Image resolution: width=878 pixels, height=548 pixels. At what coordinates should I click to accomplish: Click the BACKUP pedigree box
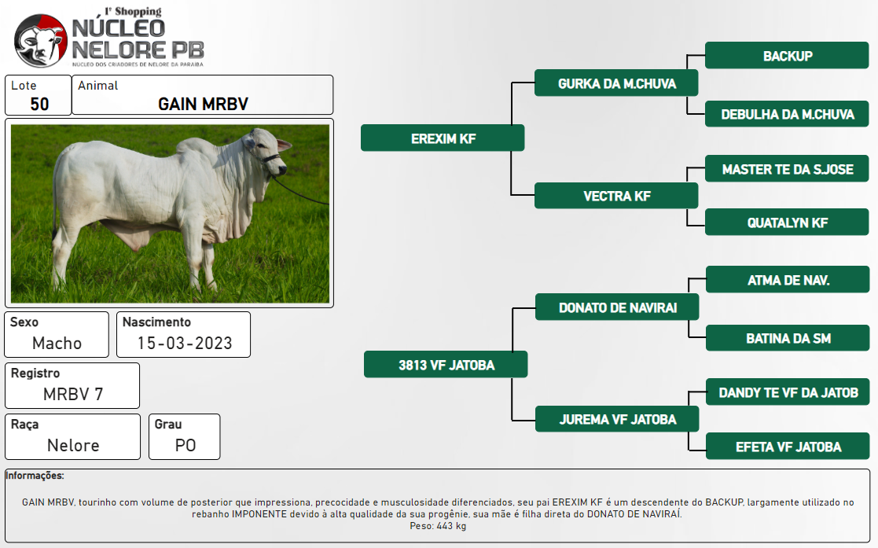point(787,56)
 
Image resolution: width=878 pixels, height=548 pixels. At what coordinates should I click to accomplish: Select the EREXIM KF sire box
point(443,138)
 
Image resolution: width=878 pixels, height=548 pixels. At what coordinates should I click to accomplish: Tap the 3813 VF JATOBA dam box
point(446,365)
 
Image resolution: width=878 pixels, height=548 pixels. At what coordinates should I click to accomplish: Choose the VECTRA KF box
point(616,196)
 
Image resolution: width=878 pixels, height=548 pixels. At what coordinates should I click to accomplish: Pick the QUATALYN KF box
point(787,223)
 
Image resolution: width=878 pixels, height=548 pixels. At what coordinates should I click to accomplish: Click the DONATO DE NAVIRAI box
point(617,307)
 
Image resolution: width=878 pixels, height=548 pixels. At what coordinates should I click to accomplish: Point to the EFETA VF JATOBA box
point(788,447)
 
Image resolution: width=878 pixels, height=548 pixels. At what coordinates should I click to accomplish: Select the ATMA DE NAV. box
point(788,280)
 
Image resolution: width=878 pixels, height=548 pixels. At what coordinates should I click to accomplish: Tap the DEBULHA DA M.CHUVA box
point(787,114)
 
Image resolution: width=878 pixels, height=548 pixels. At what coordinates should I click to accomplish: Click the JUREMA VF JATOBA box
point(617,419)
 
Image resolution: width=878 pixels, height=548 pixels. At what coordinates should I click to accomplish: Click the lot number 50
point(39,104)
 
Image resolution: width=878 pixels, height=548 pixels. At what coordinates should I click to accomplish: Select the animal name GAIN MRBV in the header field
point(203,104)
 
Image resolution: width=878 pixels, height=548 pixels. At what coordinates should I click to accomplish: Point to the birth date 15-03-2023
point(185,343)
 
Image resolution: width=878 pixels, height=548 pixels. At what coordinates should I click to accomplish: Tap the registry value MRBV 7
point(73,394)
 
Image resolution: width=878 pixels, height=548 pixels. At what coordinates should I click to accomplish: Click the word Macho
point(57,343)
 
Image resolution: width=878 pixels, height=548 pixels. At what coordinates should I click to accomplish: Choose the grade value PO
point(186,446)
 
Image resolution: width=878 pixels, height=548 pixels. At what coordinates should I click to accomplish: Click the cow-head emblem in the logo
point(40,41)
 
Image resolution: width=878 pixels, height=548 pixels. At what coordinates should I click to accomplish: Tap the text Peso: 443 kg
point(438,525)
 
